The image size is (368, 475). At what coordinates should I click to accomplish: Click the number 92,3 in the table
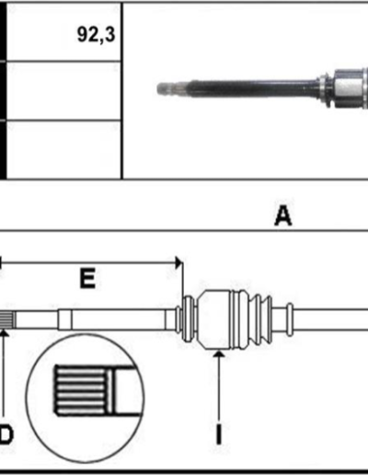point(96,34)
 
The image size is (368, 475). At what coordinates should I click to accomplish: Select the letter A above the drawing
point(282,215)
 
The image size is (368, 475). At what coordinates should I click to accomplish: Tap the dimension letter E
point(87,278)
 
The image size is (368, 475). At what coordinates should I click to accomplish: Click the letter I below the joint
point(219,434)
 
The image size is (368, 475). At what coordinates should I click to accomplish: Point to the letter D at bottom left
point(6,434)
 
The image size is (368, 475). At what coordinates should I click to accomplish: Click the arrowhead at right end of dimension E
point(178,262)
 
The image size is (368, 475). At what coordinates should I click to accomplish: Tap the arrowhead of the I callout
point(219,354)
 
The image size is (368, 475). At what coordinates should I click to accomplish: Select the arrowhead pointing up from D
point(4,332)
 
